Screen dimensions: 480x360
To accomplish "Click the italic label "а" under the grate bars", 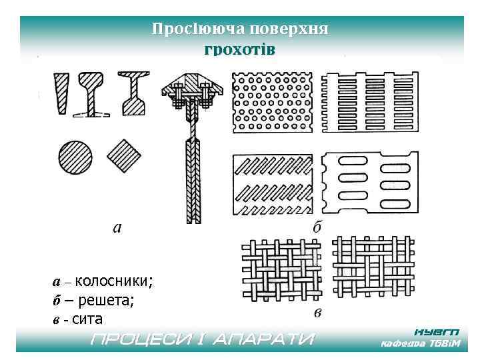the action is [x=117, y=229].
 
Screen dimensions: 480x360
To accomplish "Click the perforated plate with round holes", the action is [x=271, y=102].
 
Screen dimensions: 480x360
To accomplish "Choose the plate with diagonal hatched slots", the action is [x=271, y=182].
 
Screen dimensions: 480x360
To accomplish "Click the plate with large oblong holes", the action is [x=365, y=182].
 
